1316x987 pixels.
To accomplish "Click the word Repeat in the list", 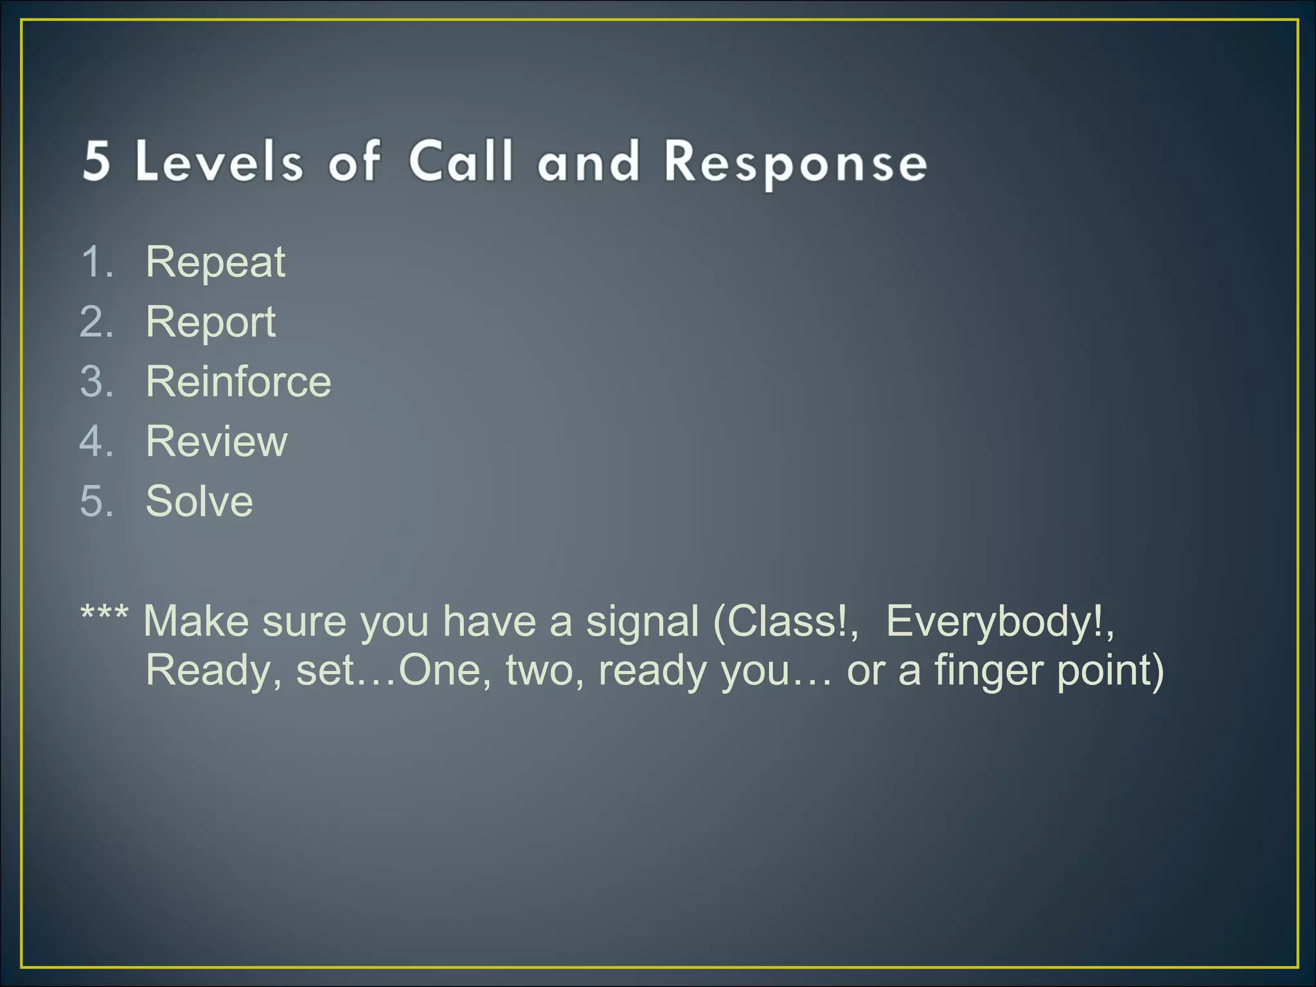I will tap(215, 262).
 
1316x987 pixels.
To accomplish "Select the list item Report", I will tap(210, 322).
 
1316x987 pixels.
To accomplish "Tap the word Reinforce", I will tap(238, 382).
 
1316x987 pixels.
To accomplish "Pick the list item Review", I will tap(217, 441).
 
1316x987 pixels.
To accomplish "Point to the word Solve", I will tap(199, 501).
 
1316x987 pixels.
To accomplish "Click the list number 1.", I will tap(96, 262).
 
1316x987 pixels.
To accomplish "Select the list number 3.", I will tap(96, 382).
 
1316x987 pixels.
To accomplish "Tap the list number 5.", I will tap(96, 501).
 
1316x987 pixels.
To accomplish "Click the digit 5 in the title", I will tap(97, 160).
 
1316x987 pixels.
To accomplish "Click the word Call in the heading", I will tap(461, 160).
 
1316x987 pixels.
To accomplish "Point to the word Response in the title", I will tap(795, 162).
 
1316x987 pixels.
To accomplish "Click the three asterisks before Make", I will tap(104, 616).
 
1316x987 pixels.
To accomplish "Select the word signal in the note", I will tap(642, 621).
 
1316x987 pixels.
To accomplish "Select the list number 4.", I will tap(96, 441).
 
